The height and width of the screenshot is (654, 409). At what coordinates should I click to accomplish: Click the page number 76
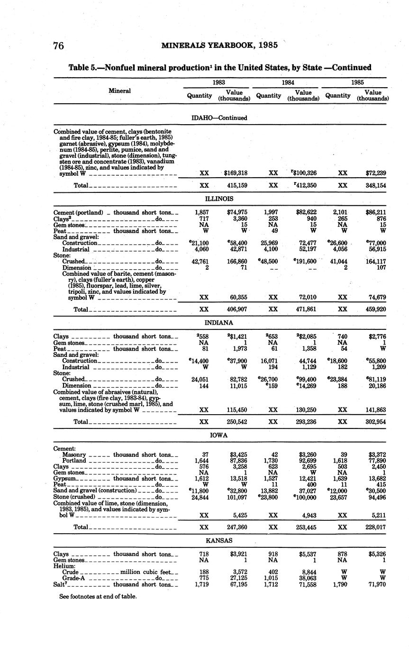pyautogui.click(x=58, y=45)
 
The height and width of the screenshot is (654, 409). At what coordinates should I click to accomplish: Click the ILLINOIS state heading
pyautogui.click(x=219, y=199)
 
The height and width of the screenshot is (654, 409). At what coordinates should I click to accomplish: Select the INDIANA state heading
pyautogui.click(x=218, y=323)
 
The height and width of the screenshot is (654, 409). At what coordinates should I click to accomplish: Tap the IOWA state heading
pyautogui.click(x=219, y=435)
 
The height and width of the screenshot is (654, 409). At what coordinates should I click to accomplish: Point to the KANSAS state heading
pyautogui.click(x=218, y=540)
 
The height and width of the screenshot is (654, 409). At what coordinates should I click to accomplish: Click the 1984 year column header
pyautogui.click(x=288, y=82)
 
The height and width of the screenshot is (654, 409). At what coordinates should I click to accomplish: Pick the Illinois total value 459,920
pyautogui.click(x=374, y=309)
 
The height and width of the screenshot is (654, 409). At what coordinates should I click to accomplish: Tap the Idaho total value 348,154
pyautogui.click(x=374, y=185)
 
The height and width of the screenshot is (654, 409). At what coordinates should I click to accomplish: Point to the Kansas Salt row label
pyautogui.click(x=62, y=585)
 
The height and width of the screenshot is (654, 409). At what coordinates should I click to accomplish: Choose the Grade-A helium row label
pyautogui.click(x=73, y=579)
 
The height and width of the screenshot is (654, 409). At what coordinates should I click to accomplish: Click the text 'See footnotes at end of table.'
pyautogui.click(x=98, y=597)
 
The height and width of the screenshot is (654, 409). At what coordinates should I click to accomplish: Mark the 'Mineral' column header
pyautogui.click(x=119, y=91)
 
